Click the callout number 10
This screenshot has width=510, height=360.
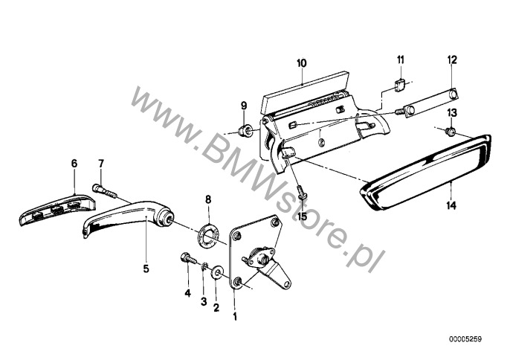pyautogui.click(x=302, y=62)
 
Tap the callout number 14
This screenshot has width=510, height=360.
pyautogui.click(x=451, y=206)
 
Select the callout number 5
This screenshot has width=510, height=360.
pyautogui.click(x=146, y=269)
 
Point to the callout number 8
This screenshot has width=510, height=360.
pyautogui.click(x=208, y=199)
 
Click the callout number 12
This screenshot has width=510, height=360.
pyautogui.click(x=452, y=60)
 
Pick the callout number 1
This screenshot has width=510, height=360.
pyautogui.click(x=235, y=316)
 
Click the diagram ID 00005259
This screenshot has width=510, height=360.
pyautogui.click(x=465, y=339)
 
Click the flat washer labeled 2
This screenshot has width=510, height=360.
pyautogui.click(x=216, y=272)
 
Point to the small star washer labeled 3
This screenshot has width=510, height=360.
pyautogui.click(x=204, y=266)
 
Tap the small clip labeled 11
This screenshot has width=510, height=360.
pyautogui.click(x=400, y=86)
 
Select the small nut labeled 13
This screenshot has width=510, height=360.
pyautogui.click(x=451, y=131)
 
